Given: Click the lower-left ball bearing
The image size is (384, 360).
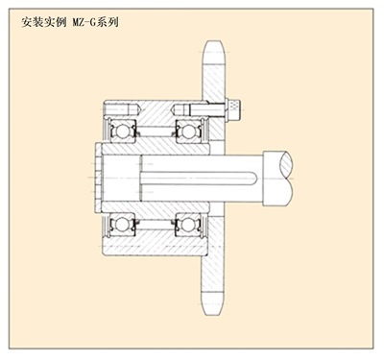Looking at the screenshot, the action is click(x=123, y=227).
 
